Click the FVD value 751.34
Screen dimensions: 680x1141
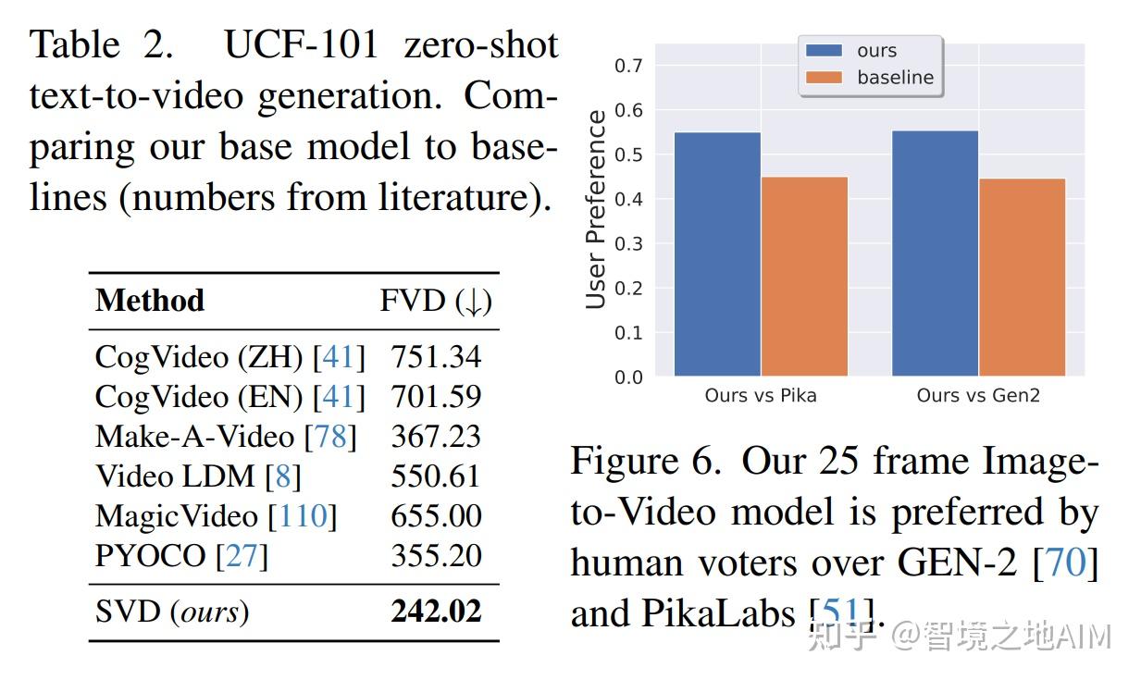point(436,357)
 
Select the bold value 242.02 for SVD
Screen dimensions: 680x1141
point(436,612)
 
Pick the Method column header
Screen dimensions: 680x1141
point(150,301)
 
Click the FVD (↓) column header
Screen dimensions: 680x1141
point(436,301)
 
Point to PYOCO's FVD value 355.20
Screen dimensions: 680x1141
point(436,556)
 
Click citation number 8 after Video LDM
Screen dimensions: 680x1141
point(283,476)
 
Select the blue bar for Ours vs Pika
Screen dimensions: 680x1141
point(717,253)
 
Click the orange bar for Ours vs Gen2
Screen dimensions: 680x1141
point(1022,277)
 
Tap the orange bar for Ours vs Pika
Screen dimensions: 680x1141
point(804,276)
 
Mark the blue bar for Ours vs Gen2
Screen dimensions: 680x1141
point(935,253)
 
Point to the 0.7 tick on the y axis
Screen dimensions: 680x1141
point(629,66)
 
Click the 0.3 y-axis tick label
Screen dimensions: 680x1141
point(629,243)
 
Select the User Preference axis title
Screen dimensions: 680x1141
point(598,208)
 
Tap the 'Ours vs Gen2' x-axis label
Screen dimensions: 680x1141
point(978,396)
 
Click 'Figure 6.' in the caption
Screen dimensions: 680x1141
point(645,461)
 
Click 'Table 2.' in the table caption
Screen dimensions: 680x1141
point(101,45)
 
